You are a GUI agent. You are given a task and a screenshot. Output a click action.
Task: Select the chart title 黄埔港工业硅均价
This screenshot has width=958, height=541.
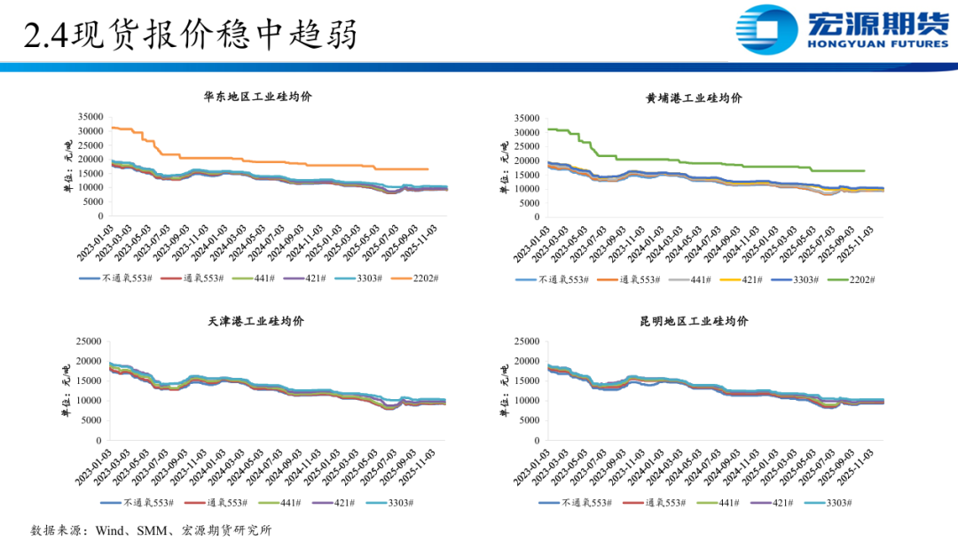click(x=694, y=98)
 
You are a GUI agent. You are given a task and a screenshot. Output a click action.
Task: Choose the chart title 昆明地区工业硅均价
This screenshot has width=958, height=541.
click(x=694, y=320)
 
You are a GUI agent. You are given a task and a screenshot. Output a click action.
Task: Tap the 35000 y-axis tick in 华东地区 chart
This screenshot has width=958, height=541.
click(x=90, y=117)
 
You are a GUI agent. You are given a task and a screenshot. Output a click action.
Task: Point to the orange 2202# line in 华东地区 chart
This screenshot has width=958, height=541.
click(x=266, y=158)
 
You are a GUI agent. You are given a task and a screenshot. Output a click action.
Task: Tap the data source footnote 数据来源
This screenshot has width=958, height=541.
click(x=152, y=530)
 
